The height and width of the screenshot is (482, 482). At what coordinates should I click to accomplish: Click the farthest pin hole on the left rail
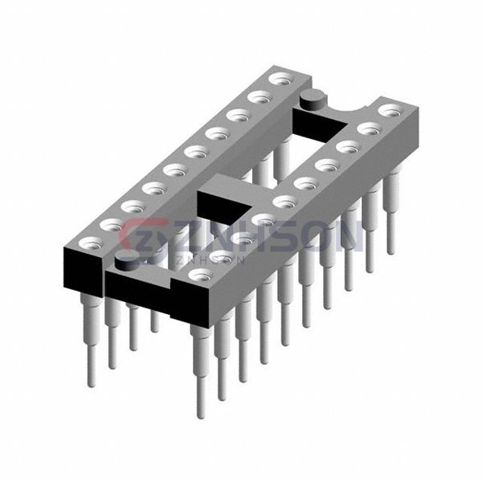tap(281, 80)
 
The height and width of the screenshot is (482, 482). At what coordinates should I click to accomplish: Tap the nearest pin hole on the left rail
tap(91, 243)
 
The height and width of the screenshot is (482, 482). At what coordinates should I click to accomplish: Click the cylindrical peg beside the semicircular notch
tap(312, 99)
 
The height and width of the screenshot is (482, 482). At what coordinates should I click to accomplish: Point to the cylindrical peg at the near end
tap(126, 261)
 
